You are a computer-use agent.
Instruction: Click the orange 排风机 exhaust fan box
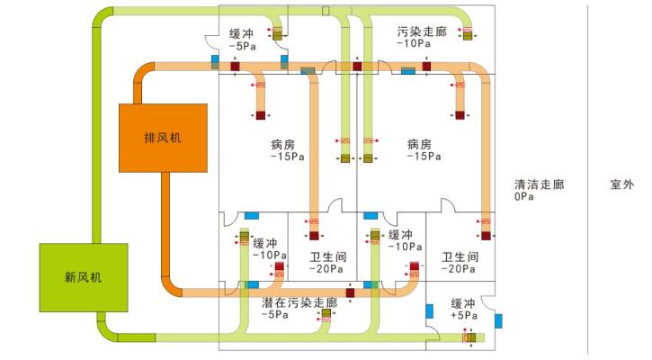click(x=164, y=138)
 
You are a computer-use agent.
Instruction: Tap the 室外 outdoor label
click(x=622, y=184)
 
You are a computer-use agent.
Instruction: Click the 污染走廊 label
click(x=421, y=31)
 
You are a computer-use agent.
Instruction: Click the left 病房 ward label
click(x=282, y=144)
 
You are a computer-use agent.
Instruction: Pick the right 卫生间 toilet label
click(x=458, y=256)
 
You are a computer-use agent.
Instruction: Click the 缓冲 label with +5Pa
click(x=462, y=303)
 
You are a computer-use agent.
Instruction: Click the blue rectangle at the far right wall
click(x=498, y=320)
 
